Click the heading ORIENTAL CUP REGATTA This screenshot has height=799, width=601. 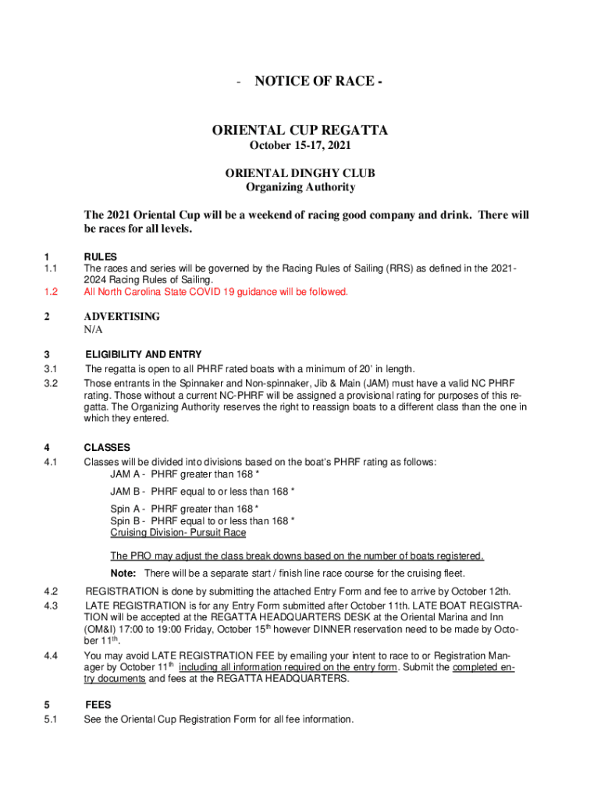pyautogui.click(x=300, y=130)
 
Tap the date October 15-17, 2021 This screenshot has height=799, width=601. pyautogui.click(x=300, y=147)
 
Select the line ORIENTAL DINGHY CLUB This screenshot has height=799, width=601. pyautogui.click(x=300, y=172)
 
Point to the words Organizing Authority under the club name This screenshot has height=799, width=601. pyautogui.click(x=300, y=187)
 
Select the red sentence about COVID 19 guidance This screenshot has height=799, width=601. pyautogui.click(x=215, y=292)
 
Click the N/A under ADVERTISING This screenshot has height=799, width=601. pyautogui.click(x=93, y=330)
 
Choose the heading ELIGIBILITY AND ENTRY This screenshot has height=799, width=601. pyautogui.click(x=144, y=354)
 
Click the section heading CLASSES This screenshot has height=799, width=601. pyautogui.click(x=107, y=448)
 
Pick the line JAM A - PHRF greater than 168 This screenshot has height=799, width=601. pyautogui.click(x=202, y=474)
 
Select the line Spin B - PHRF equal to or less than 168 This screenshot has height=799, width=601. pyautogui.click(x=202, y=520)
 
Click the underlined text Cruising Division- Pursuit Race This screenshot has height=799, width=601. pyautogui.click(x=178, y=532)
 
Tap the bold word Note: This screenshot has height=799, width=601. pyautogui.click(x=123, y=574)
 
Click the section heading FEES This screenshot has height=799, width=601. pyautogui.click(x=98, y=705)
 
